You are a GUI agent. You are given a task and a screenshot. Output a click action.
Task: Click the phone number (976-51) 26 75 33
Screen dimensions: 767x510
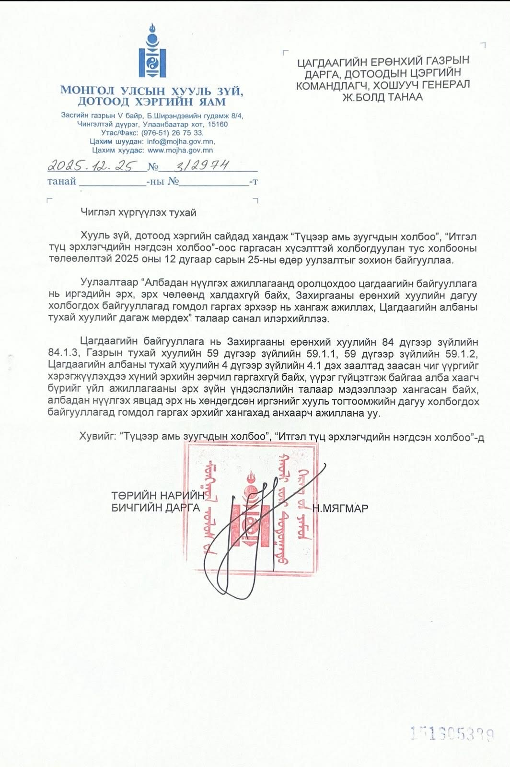pos(172,133)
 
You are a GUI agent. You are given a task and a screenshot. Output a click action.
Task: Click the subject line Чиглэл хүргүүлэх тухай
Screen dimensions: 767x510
pos(139,212)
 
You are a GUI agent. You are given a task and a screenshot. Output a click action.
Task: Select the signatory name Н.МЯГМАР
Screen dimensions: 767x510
pos(340,509)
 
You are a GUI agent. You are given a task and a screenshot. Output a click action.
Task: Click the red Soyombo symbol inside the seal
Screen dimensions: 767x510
pos(251,511)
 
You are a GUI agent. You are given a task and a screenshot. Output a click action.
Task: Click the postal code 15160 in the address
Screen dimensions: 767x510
pos(218,124)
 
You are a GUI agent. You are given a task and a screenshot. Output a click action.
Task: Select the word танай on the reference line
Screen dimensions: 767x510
pos(62,181)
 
